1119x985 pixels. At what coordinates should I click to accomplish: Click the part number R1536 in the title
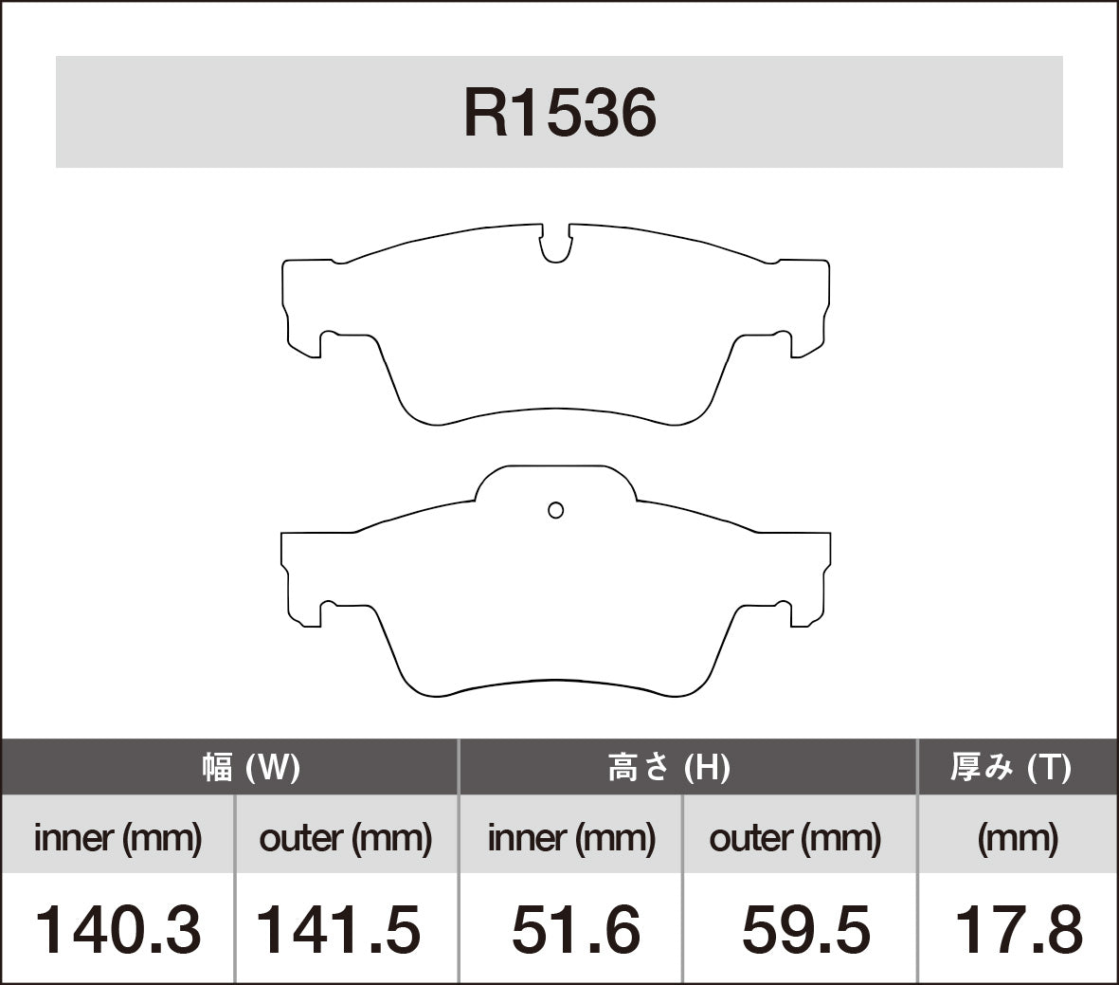coord(559,114)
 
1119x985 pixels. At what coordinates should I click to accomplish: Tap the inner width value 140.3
coord(118,929)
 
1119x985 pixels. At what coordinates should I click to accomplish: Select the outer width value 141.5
coord(339,929)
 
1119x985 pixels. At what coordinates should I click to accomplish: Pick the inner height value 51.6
coord(575,929)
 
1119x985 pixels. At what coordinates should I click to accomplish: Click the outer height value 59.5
coord(805,929)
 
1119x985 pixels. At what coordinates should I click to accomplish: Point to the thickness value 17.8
coord(1018,929)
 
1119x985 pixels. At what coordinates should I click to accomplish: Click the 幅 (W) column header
coord(251,767)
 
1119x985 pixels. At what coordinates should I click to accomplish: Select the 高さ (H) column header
coord(669,767)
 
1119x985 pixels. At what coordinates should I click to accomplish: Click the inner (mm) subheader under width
coord(118,838)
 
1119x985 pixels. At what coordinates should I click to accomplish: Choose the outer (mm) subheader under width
coord(345,838)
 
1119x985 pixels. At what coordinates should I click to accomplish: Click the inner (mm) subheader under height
coord(571,838)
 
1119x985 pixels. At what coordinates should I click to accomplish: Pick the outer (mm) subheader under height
coord(795,838)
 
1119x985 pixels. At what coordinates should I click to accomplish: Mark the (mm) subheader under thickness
coord(1018,838)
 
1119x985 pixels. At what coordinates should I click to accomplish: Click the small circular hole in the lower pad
coord(556,510)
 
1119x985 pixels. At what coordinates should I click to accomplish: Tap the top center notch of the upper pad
coord(556,245)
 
